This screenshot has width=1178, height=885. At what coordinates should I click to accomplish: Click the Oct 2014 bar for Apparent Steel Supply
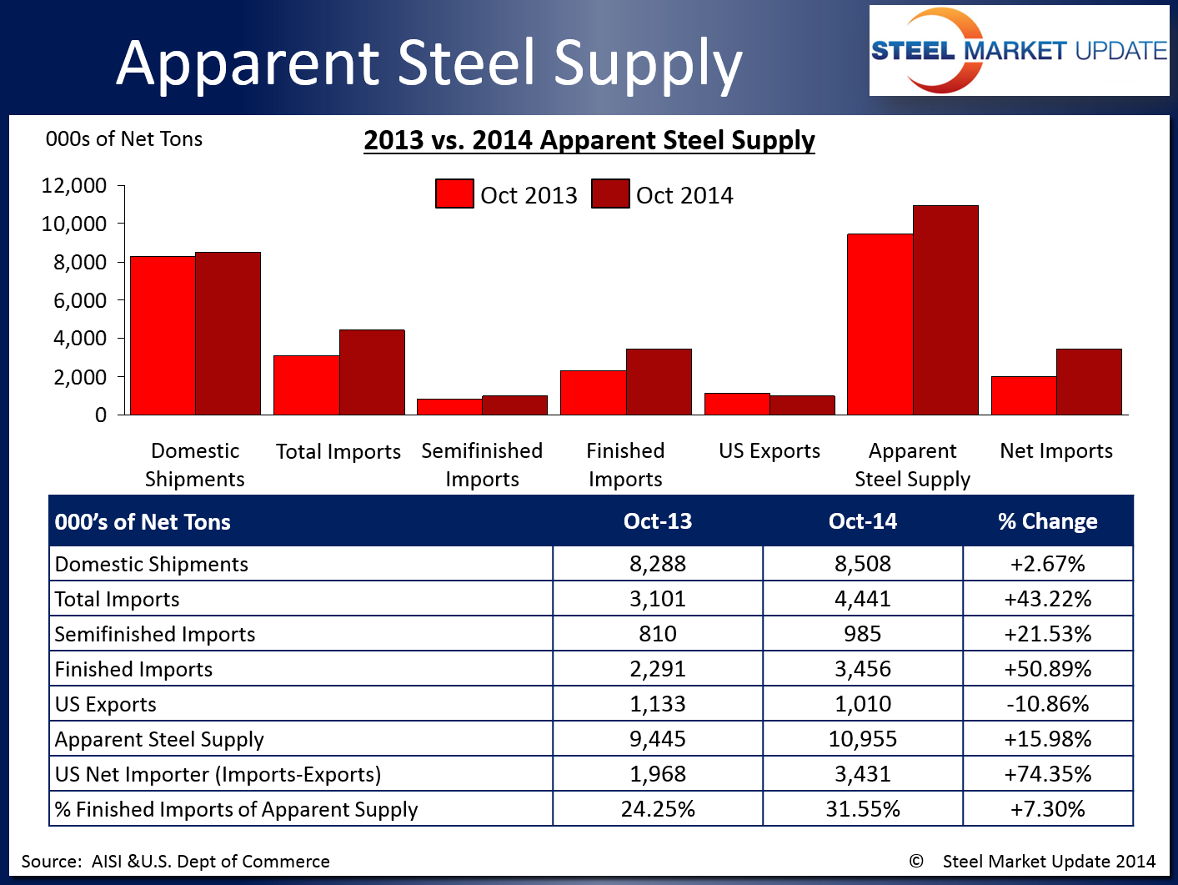945,310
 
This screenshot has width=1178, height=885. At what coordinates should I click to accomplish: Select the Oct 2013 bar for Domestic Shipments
163,335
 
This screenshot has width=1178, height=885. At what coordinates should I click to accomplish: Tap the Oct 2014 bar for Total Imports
372,372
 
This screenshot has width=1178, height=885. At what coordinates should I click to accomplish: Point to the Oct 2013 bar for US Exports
737,404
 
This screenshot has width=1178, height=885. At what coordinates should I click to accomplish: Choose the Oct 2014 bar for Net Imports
1089,382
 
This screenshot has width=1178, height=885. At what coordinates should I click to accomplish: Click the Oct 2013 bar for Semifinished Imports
449,407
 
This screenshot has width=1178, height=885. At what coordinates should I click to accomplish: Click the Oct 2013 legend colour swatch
454,194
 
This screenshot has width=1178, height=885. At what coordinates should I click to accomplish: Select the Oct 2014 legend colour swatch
610,194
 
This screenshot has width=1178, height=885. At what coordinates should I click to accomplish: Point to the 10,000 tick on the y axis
74,224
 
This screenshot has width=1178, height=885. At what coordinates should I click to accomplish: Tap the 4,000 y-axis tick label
80,339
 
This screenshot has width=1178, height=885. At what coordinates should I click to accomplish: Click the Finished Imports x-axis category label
625,465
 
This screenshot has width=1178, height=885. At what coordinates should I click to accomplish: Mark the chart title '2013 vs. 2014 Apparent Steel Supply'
589,140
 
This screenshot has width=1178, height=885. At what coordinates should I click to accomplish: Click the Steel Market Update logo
1019,51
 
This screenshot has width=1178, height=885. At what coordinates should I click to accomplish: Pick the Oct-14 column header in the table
863,521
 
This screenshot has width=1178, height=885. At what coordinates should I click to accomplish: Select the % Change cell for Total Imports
1048,599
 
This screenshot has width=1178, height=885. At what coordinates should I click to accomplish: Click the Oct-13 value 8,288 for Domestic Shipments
658,564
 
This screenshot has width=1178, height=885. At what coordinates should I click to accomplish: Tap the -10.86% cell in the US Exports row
1048,704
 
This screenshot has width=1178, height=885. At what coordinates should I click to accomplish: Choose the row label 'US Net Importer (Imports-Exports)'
218,774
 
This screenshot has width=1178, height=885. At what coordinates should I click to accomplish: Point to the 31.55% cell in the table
863,809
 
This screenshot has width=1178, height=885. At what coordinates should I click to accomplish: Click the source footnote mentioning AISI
176,862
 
